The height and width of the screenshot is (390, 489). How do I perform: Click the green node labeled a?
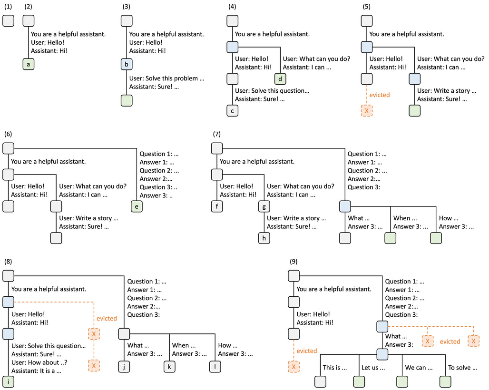(x=29, y=65)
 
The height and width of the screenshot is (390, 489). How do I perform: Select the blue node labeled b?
(x=127, y=65)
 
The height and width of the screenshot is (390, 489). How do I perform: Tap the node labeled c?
(x=232, y=111)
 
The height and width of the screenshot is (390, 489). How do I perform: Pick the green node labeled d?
(x=280, y=78)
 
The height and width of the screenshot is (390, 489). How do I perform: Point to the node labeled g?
(x=264, y=206)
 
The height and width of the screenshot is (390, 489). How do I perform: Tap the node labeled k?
(x=169, y=366)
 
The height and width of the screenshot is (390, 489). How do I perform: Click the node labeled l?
(x=215, y=366)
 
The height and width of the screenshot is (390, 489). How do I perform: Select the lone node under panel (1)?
(x=9, y=21)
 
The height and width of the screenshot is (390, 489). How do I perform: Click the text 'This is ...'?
(x=334, y=368)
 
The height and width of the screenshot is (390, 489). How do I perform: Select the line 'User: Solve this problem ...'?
(x=163, y=78)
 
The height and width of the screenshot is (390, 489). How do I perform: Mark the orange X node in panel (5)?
(x=366, y=111)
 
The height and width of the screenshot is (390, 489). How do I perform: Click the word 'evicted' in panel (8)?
(x=107, y=318)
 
